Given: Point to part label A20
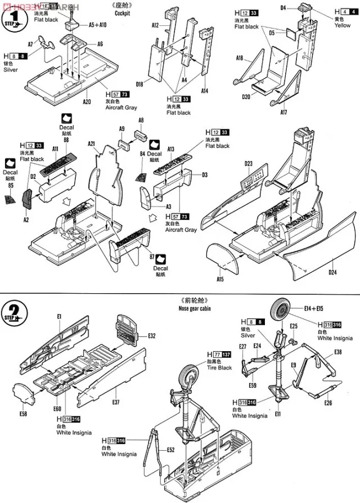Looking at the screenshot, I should tap(87, 102).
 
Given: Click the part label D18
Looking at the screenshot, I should tap(139, 84).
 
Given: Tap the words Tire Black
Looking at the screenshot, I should tap(218, 368).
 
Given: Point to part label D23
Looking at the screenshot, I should tap(249, 164).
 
